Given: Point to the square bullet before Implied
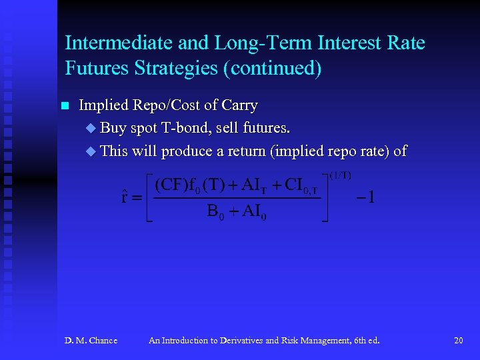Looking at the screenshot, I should coord(64,106).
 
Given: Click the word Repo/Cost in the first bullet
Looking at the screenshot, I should coord(165,105).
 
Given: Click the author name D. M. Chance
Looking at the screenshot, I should coord(91,341).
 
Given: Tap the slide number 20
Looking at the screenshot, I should coord(458,341).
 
